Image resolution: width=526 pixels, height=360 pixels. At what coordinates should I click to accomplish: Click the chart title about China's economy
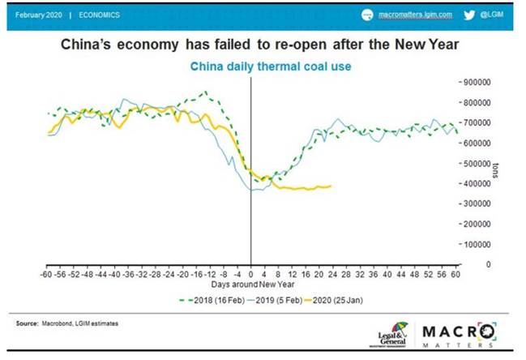pyautogui.click(x=263, y=45)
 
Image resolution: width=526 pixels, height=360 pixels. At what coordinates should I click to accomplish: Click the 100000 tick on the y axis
pyautogui.click(x=480, y=244)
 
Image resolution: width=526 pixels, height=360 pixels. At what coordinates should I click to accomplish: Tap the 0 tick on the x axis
pyautogui.click(x=251, y=274)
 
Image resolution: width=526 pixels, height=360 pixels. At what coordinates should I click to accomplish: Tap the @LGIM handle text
pyautogui.click(x=494, y=15)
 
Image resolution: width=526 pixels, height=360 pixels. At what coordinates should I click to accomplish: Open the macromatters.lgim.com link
pyautogui.click(x=416, y=15)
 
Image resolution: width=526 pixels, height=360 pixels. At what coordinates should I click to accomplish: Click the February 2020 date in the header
pyautogui.click(x=38, y=15)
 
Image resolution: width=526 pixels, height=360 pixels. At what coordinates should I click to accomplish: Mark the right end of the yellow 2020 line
pyautogui.click(x=331, y=186)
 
